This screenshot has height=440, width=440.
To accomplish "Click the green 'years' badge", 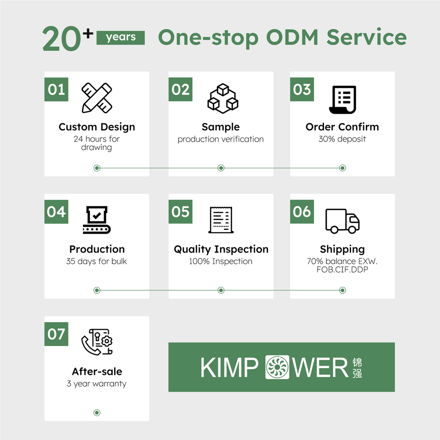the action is [x=121, y=38].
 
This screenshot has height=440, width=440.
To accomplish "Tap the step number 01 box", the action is [x=56, y=89].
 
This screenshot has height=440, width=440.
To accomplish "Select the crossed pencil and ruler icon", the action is [x=97, y=98].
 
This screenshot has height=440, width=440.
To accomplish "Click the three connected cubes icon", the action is [x=221, y=98].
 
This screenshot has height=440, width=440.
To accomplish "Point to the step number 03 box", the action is [x=302, y=89].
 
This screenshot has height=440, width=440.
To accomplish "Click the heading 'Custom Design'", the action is [x=97, y=127].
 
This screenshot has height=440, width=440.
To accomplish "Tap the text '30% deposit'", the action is [x=342, y=139].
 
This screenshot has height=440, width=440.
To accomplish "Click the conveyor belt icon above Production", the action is [x=97, y=220].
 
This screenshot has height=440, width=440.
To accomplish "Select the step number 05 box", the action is [x=181, y=212].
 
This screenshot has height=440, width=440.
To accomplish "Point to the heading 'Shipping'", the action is [x=342, y=249].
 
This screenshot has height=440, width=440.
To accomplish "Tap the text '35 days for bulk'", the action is [x=97, y=261].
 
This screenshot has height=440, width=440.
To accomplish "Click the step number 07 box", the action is [x=56, y=334].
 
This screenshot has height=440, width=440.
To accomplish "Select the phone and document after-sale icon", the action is [x=97, y=341].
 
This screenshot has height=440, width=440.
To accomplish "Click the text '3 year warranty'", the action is [x=97, y=384].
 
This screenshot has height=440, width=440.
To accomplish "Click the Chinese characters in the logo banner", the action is [x=357, y=368].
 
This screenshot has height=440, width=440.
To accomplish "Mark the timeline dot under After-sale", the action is [x=97, y=412].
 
